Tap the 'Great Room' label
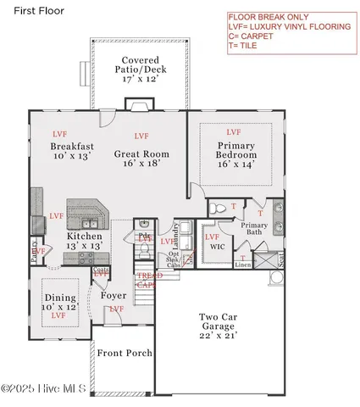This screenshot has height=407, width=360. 141,154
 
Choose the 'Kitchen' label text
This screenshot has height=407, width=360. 85,236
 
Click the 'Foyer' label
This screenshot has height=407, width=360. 114,296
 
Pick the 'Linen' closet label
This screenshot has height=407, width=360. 243,265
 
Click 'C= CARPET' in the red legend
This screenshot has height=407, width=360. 256,36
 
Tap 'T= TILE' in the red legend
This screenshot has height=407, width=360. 248,46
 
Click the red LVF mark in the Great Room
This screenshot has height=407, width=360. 141,135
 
